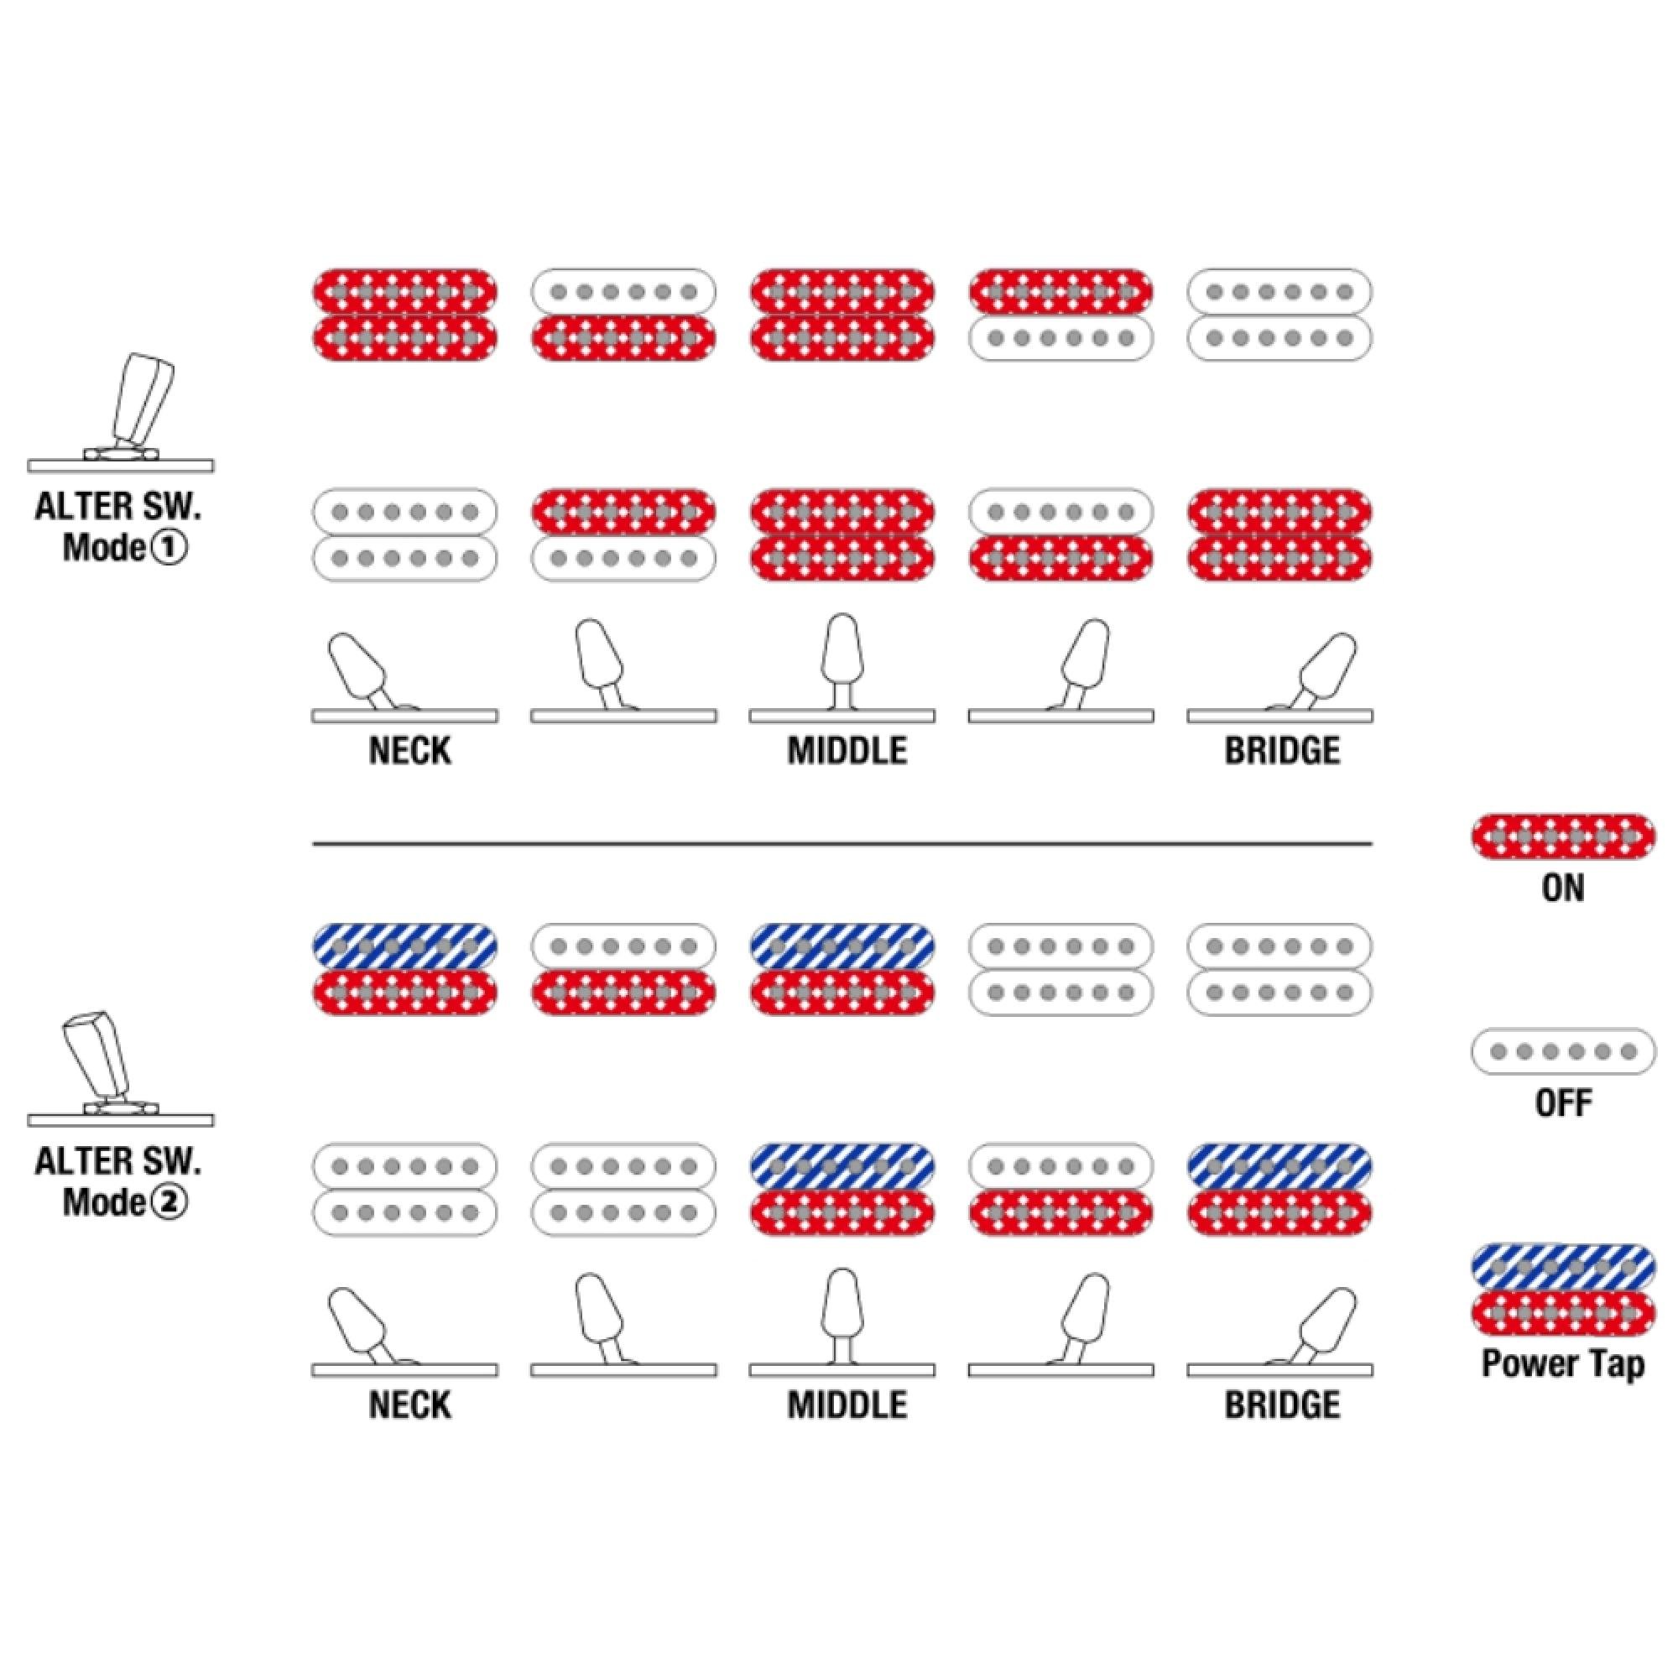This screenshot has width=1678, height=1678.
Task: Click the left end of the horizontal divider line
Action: point(314,842)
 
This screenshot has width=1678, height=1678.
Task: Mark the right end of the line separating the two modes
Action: point(1373,842)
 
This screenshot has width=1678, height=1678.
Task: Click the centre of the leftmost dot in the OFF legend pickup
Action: point(1498,1052)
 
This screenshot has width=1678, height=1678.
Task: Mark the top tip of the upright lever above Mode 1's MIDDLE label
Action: point(842,615)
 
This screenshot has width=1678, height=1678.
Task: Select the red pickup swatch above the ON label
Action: point(1563,836)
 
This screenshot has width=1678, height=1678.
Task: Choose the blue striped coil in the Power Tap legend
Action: point(1563,1267)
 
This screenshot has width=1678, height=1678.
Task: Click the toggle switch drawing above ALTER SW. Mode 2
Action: point(122,1068)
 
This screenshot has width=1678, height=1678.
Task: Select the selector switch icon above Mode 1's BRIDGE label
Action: point(1280,678)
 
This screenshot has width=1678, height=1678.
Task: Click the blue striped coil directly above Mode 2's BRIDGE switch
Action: point(1280,1165)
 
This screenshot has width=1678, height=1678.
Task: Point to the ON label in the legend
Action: point(1563,888)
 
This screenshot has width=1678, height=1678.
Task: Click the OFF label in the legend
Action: point(1563,1103)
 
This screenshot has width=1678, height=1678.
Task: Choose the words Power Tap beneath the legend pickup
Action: point(1563,1363)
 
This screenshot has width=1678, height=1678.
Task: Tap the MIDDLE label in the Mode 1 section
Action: point(847,750)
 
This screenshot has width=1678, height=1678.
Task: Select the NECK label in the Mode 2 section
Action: point(410,1404)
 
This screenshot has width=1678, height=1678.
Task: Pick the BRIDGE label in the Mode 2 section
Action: point(1282,1404)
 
